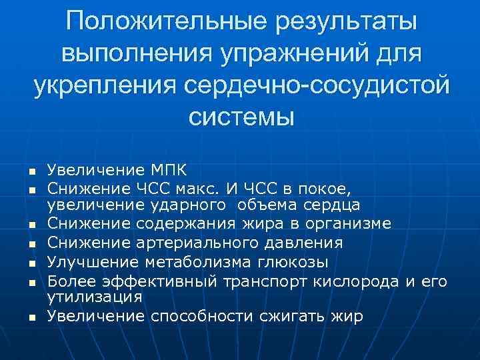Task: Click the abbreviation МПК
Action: [167, 171]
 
